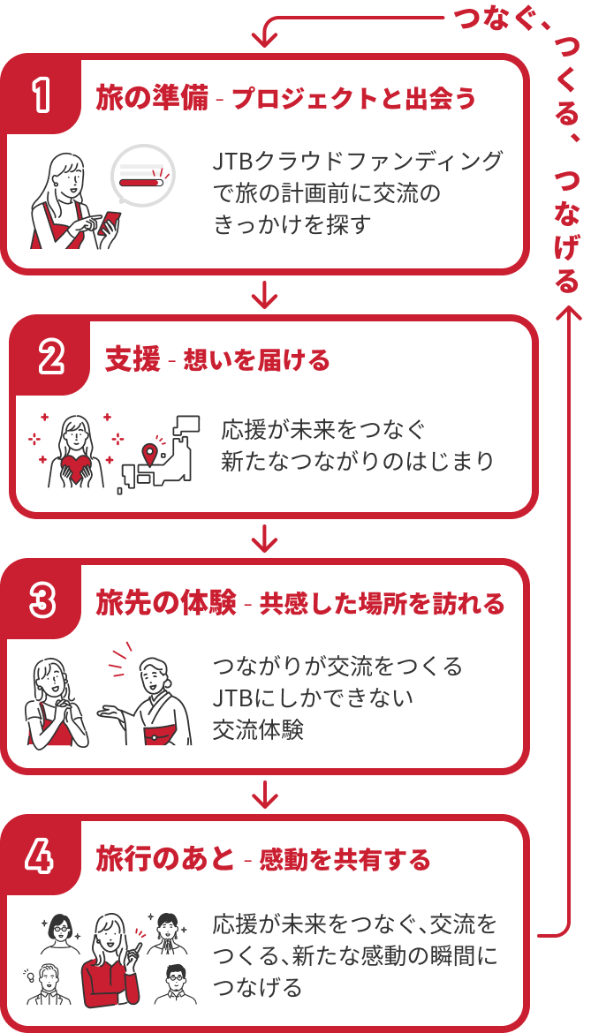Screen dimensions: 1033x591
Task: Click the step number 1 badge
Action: (40, 96)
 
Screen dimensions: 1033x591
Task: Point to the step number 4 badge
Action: (40, 857)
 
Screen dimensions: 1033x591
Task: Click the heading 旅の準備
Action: (152, 98)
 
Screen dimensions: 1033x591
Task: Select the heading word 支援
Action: (133, 359)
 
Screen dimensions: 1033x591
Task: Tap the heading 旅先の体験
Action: (165, 603)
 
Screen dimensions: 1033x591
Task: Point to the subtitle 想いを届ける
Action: (256, 360)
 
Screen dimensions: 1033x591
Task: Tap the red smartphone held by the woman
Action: (112, 221)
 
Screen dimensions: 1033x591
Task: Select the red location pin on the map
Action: (149, 454)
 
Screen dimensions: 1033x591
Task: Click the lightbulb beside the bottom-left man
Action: (29, 976)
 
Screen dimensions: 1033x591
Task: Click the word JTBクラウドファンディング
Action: (358, 162)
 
